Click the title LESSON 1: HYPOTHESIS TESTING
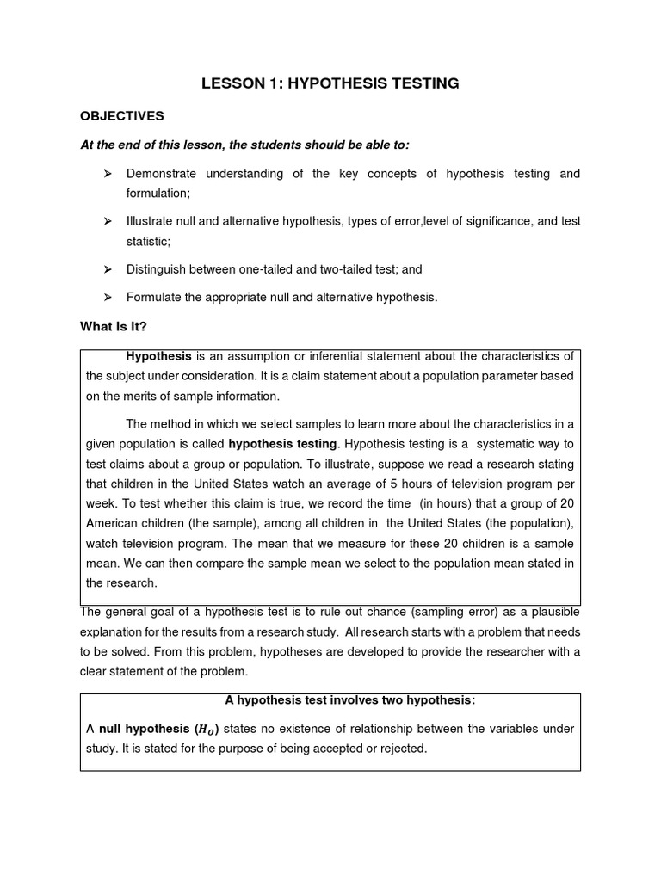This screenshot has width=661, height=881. click(x=330, y=83)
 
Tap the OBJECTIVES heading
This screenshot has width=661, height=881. click(x=121, y=115)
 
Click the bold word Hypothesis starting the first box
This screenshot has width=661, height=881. click(x=158, y=356)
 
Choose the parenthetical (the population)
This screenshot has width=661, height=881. click(x=534, y=523)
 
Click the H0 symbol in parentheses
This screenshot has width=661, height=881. click(x=204, y=730)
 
